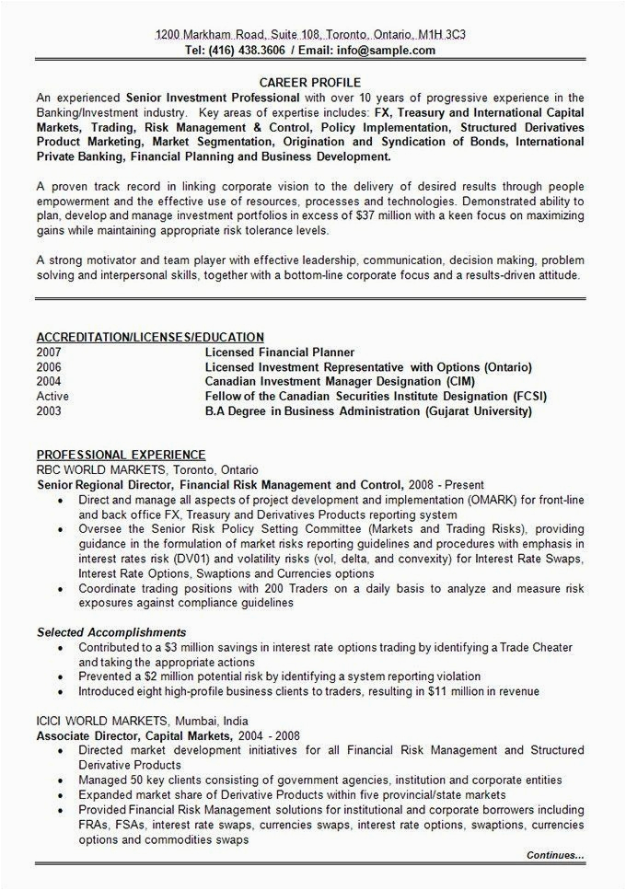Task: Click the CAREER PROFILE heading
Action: (310, 82)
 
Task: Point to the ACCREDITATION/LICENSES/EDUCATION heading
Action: (150, 337)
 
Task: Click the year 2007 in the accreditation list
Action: (50, 352)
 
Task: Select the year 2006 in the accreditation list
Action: (50, 366)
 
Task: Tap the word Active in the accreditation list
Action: (52, 396)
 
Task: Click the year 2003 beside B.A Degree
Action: (50, 410)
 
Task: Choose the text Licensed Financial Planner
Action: (279, 352)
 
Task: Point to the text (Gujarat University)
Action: (478, 410)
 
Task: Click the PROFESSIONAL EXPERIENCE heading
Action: (121, 455)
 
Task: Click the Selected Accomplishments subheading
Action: (111, 632)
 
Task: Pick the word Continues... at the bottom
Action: (555, 855)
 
